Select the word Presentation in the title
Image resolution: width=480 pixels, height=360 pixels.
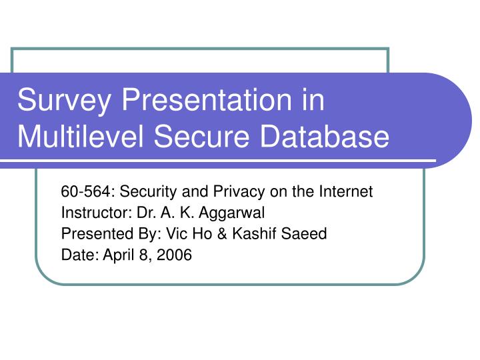coord(201,101)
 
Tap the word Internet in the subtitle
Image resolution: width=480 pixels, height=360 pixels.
coord(345,192)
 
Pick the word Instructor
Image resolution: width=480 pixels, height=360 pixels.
coord(88,213)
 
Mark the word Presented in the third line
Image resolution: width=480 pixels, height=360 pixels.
coord(91,233)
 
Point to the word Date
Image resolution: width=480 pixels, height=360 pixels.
coord(75,254)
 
